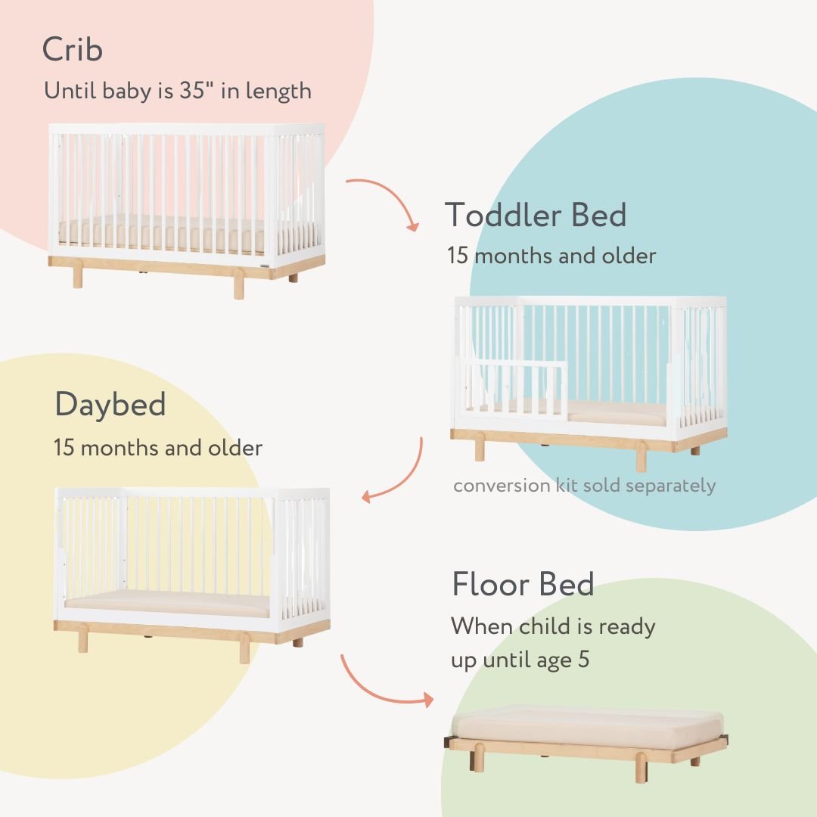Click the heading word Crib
coord(73,50)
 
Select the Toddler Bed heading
coord(536,215)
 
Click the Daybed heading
coord(110,405)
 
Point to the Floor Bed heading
coord(523,585)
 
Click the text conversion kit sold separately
coord(584,485)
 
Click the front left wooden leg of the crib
coord(77,277)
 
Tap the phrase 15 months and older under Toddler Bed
coord(551,256)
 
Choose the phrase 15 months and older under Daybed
coord(158,447)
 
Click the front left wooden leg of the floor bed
coord(479,760)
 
